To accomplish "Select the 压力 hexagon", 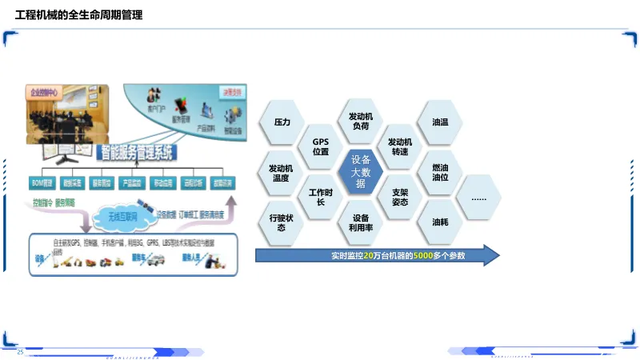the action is (x=282, y=122).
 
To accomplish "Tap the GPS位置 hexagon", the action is (x=321, y=146).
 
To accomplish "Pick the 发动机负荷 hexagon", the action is (x=360, y=122).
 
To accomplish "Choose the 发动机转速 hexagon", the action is (x=400, y=146).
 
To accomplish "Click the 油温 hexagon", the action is (x=440, y=122).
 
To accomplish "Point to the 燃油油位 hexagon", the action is (x=440, y=172).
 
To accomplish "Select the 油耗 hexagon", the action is (x=440, y=222).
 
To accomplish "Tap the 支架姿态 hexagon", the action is (x=400, y=197).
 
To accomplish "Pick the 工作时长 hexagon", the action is (x=321, y=197).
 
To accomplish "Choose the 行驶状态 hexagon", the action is (x=282, y=222).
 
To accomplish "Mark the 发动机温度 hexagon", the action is (x=282, y=173).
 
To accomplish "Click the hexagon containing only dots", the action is (x=479, y=197).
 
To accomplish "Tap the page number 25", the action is (x=21, y=352).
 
